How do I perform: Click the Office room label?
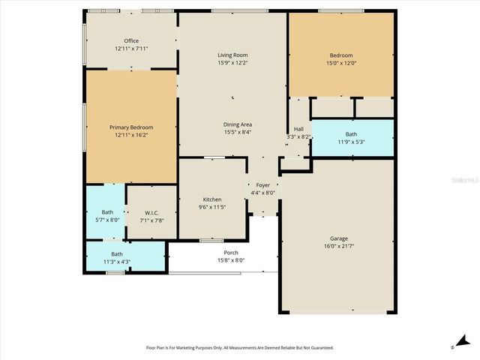131,41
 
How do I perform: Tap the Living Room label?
232,55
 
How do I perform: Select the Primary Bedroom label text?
131,127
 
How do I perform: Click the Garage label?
338,238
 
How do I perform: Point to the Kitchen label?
212,199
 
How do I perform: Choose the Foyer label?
262,184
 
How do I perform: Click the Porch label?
231,253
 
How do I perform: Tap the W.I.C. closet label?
152,213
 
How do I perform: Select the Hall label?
298,129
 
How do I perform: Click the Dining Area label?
237,124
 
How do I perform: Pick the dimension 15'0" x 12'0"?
341,63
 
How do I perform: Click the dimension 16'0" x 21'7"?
338,246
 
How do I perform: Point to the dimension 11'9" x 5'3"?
351,142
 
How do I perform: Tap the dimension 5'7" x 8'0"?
105,220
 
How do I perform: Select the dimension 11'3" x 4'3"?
116,262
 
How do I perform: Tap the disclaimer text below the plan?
238,347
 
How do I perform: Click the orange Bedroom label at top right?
341,55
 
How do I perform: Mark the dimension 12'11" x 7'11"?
131,49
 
